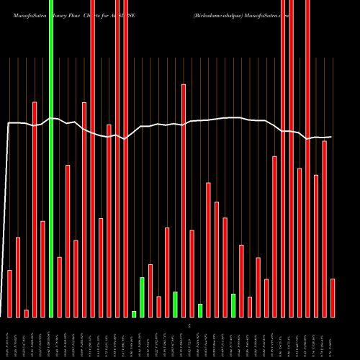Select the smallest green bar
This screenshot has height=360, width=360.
(134, 314)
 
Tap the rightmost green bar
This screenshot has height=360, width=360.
(233, 305)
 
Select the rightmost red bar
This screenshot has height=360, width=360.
(333, 298)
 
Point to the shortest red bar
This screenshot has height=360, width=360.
(27, 313)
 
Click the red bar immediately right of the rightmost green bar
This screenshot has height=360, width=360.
(241, 281)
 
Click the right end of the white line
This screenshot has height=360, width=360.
(332, 137)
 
